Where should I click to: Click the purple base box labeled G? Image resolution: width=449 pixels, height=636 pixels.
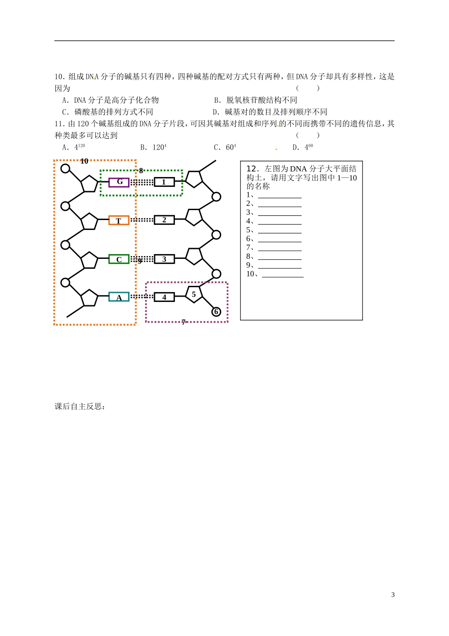point(119,182)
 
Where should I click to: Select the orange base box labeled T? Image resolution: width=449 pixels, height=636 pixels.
point(119,221)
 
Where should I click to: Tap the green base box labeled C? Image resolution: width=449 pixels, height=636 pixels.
point(119,259)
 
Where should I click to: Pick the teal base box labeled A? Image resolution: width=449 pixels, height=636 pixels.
point(119,297)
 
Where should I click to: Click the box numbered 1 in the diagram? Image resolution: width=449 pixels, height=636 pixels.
point(164,182)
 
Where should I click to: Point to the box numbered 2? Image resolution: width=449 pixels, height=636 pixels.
point(164,220)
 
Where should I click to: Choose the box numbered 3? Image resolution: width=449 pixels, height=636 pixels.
point(164,259)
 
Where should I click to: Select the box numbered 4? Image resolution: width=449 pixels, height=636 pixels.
point(164,297)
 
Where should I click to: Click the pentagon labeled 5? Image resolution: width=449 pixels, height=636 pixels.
point(194,294)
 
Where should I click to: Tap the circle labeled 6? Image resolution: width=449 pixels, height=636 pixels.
point(216,311)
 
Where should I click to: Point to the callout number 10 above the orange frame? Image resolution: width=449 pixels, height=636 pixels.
point(84,161)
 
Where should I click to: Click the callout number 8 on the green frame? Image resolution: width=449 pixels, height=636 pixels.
point(141,170)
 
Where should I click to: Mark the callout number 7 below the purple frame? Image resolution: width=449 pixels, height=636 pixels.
point(183,322)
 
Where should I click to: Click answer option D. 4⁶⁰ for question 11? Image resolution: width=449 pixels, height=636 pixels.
point(303,147)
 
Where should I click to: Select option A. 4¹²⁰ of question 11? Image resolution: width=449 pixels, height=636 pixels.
point(74,147)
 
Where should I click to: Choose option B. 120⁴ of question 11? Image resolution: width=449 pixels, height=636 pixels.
point(153,147)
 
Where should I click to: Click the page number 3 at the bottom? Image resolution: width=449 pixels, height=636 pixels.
point(393,595)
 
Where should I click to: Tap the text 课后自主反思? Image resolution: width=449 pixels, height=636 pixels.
point(79,406)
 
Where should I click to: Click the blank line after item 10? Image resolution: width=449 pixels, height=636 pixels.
point(283,274)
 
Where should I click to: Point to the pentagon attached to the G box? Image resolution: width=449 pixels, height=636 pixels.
point(89,184)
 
